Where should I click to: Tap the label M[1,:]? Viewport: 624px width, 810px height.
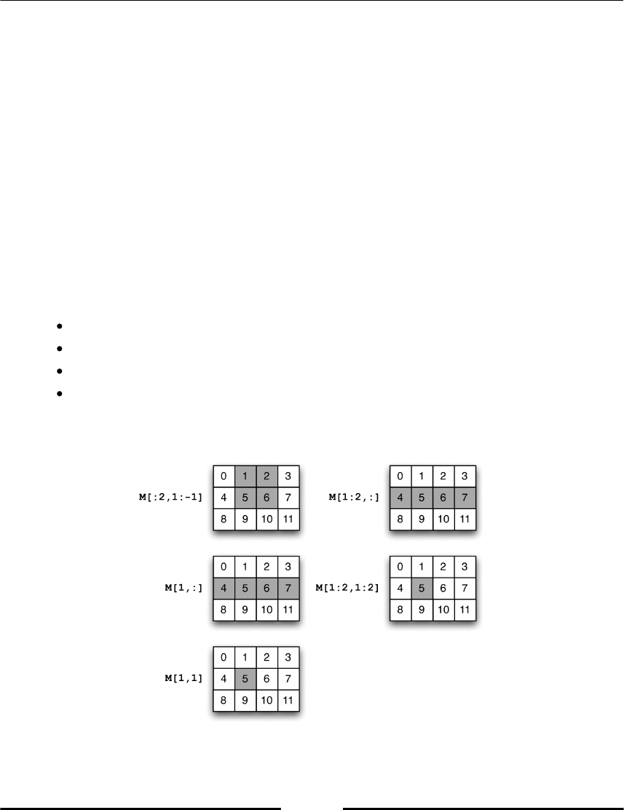[x=183, y=589]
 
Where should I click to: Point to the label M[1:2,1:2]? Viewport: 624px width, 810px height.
[x=348, y=589]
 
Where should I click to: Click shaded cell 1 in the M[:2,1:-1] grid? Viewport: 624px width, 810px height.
[x=246, y=476]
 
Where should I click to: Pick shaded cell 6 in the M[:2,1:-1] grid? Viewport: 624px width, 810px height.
[x=267, y=498]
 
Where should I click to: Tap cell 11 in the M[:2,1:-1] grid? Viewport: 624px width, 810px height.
[x=289, y=520]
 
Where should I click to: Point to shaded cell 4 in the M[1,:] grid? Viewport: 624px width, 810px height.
[x=224, y=589]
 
